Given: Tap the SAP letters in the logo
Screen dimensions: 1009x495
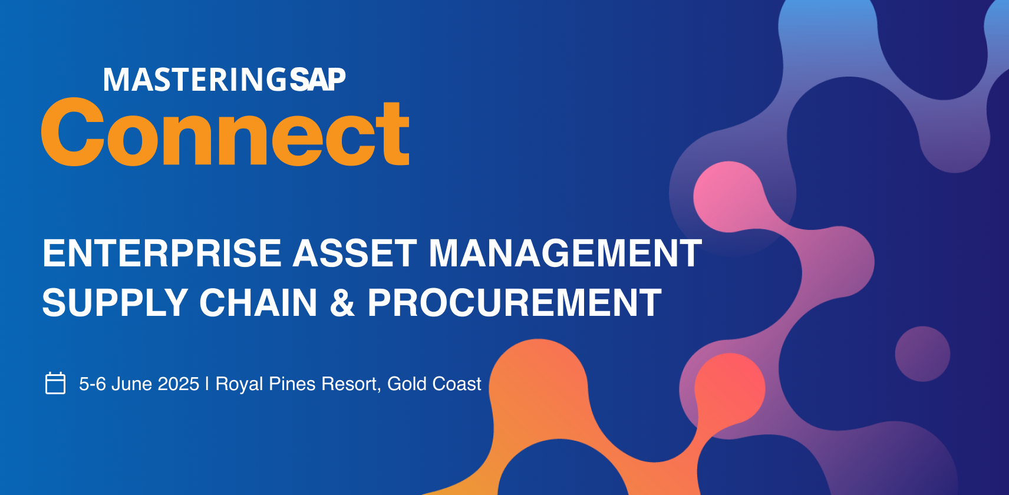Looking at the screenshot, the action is [x=318, y=80].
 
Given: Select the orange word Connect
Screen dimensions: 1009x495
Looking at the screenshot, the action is [x=225, y=132].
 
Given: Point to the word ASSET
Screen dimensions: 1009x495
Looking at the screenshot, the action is [x=355, y=253].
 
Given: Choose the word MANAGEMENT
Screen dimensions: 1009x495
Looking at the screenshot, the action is [x=565, y=253].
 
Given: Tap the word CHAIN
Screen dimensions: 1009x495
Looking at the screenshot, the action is [x=259, y=303].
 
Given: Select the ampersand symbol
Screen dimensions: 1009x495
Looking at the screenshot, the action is [x=342, y=303].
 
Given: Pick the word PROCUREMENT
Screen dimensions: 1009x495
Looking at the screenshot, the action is [x=515, y=303].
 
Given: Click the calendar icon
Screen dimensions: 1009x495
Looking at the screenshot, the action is [x=55, y=383].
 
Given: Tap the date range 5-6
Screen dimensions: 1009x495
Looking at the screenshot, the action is [x=93, y=384].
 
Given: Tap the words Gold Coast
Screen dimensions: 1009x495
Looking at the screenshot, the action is [x=434, y=384].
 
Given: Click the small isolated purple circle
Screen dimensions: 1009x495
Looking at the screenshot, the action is [x=922, y=354].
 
